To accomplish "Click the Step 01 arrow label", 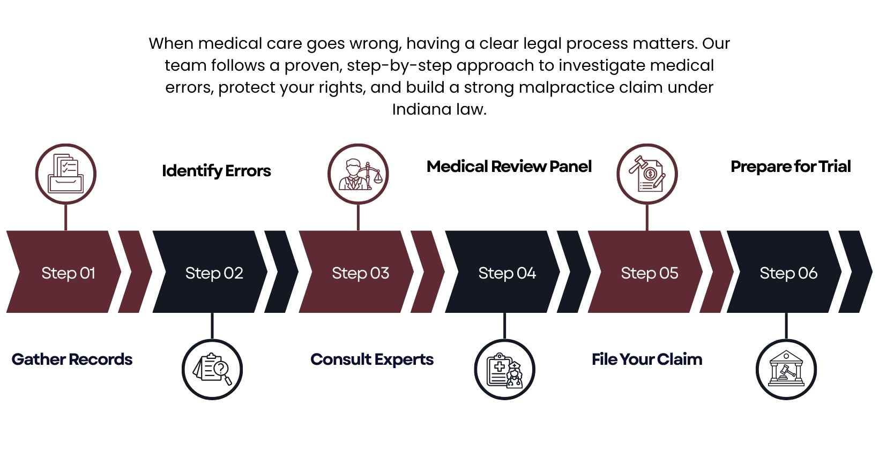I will click(68, 273).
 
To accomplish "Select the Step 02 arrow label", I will click(214, 273).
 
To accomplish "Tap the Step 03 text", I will click(360, 273).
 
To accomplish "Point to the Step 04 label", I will click(507, 273).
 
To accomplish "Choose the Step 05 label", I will click(649, 273).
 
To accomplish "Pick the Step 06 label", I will click(788, 273).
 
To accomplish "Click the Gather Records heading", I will click(72, 359).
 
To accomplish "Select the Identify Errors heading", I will click(216, 171).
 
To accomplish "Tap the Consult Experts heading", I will click(371, 359).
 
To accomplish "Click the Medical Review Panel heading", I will click(509, 167).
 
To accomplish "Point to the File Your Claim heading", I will click(646, 359).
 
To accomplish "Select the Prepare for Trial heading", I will click(790, 167).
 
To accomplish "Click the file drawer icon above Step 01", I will click(65, 174).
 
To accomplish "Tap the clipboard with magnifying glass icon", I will click(212, 369).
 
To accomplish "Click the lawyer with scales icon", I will click(358, 174).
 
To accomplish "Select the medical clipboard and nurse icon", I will click(504, 369).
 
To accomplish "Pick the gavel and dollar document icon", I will click(647, 174).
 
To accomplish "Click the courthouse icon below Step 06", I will click(786, 369).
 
